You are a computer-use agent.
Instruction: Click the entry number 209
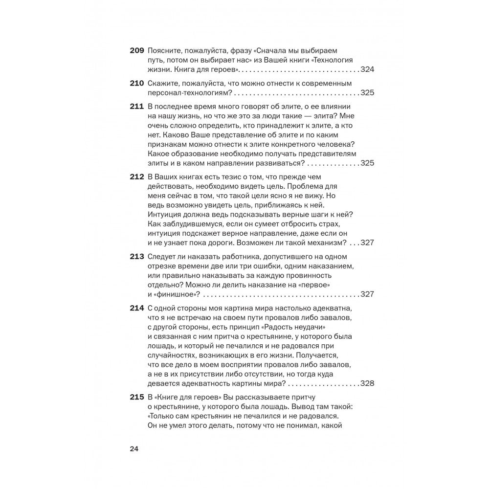[x=137, y=50]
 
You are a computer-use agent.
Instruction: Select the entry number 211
[x=137, y=106]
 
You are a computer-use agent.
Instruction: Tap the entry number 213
[x=137, y=256]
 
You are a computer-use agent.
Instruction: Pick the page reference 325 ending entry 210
[x=367, y=92]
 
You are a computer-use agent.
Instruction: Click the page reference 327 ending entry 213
[x=367, y=294]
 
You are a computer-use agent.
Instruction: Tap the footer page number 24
[x=134, y=449]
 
